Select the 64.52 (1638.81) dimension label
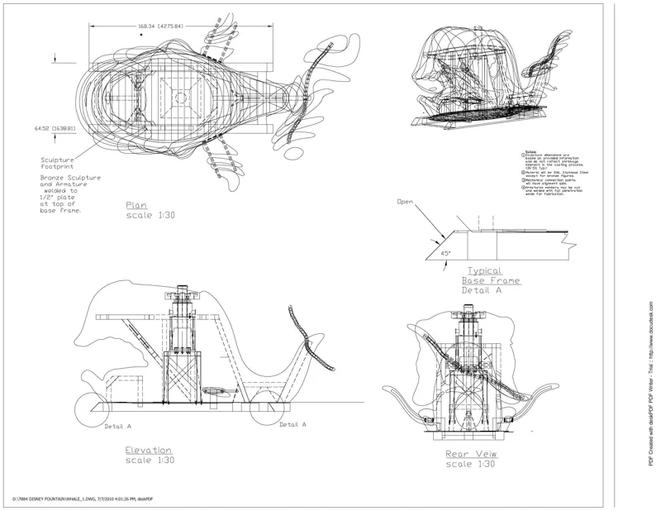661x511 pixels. pyautogui.click(x=54, y=129)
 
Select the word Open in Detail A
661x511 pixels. pyautogui.click(x=405, y=202)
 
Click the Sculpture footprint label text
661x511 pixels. pyautogui.click(x=58, y=164)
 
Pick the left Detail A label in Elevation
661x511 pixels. pyautogui.click(x=117, y=427)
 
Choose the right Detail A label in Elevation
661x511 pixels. pyautogui.click(x=294, y=424)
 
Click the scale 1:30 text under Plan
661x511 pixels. pyautogui.click(x=150, y=215)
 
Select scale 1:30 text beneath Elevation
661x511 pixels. pyautogui.click(x=150, y=461)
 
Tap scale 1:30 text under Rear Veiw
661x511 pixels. pyautogui.click(x=470, y=465)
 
